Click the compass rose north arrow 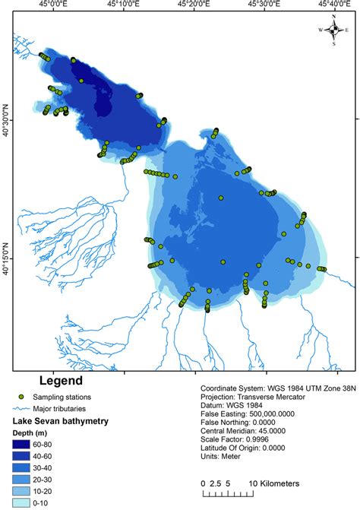[333, 28]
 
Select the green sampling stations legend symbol [24, 397]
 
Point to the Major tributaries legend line [23, 408]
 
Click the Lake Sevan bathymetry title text [63, 420]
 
